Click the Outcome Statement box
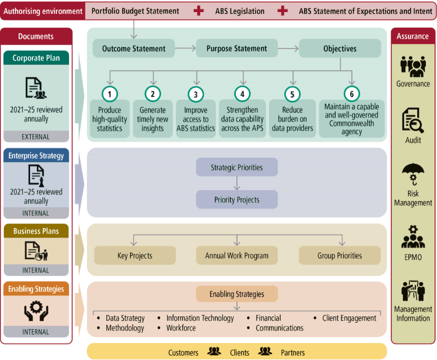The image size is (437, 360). coord(134,49)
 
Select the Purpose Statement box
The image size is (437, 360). coord(237,49)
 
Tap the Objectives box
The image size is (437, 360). coord(340,49)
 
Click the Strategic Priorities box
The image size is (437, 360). coord(237,167)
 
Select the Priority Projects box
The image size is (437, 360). coord(237,199)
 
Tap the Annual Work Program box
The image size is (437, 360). coord(237,256)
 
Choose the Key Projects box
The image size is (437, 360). coord(135,256)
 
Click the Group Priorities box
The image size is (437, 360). coord(340,256)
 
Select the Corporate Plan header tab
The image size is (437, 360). coord(36,58)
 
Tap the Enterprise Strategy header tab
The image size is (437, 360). coord(36,156)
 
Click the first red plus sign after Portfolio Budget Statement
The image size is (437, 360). coord(198,11)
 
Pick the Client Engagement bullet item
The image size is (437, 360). coord(349,318)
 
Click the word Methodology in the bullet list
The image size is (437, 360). coord(125,328)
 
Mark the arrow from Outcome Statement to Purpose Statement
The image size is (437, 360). coord(185,49)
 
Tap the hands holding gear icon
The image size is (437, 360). coord(36,311)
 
